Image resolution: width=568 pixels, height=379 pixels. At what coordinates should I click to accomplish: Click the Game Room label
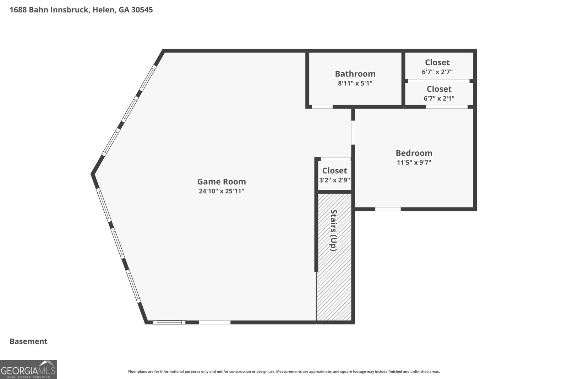coord(222,182)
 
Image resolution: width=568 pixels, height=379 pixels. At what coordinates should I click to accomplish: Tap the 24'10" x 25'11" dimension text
coord(222,191)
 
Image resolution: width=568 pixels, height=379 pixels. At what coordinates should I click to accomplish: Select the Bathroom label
coord(355,74)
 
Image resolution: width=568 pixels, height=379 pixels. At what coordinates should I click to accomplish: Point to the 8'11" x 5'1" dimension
coord(355,83)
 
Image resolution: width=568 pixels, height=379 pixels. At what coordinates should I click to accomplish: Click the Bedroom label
coord(414,153)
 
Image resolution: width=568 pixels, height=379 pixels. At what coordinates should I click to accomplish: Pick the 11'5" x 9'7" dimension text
coord(414,162)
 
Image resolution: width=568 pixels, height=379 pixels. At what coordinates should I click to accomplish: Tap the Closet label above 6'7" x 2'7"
coord(437,63)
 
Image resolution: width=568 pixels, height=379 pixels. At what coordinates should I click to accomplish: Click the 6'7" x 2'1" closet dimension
coord(439,98)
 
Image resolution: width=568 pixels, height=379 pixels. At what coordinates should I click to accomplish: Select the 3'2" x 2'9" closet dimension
coord(334,180)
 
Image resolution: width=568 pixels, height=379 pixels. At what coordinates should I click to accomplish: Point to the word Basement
coord(28,341)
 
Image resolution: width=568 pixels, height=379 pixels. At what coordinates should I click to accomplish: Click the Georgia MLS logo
coord(28,369)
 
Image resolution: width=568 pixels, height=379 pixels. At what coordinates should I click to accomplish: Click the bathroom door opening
coord(322,107)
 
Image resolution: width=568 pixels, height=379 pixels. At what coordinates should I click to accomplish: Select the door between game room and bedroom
coord(353,133)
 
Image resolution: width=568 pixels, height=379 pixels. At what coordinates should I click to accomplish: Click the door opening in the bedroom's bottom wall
coord(388,209)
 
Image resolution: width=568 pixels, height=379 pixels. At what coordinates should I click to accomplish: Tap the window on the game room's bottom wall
coord(169,323)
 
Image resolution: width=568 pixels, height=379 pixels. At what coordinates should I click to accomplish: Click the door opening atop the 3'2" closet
coord(336,159)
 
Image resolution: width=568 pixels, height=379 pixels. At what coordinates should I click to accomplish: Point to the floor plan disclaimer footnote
coord(284,372)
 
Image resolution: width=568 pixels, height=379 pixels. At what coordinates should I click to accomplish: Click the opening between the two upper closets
coord(439,81)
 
